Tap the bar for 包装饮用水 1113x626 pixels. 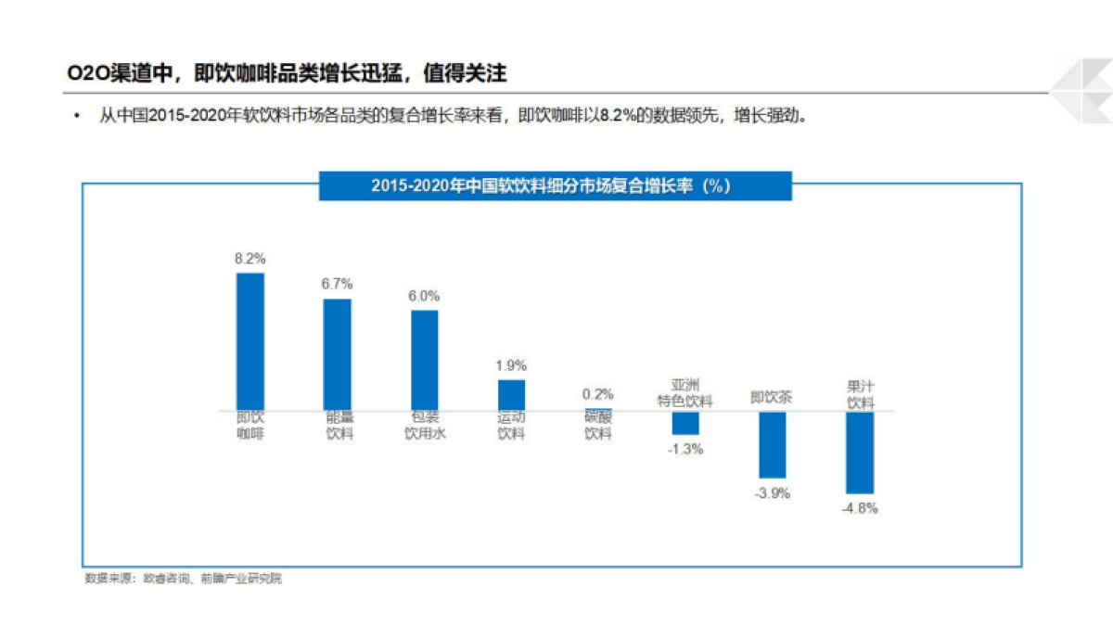point(425,360)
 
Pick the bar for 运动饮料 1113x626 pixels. point(511,395)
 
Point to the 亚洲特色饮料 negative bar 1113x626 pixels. point(685,423)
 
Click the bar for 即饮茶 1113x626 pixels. point(772,444)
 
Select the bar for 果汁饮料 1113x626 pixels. point(860,453)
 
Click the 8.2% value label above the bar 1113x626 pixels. point(250,259)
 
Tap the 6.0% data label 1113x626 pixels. point(424,297)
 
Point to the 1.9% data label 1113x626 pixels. point(511,365)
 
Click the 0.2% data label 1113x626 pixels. point(598,394)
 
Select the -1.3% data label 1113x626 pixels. point(685,449)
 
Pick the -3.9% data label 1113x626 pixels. point(772,493)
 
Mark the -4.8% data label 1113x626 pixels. point(860,508)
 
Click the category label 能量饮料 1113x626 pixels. point(339,426)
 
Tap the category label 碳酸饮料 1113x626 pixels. point(598,426)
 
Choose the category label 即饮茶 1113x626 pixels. point(772,398)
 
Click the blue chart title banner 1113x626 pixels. point(555,185)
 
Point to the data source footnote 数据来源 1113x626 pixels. point(183,579)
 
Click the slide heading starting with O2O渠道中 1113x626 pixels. point(288,73)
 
